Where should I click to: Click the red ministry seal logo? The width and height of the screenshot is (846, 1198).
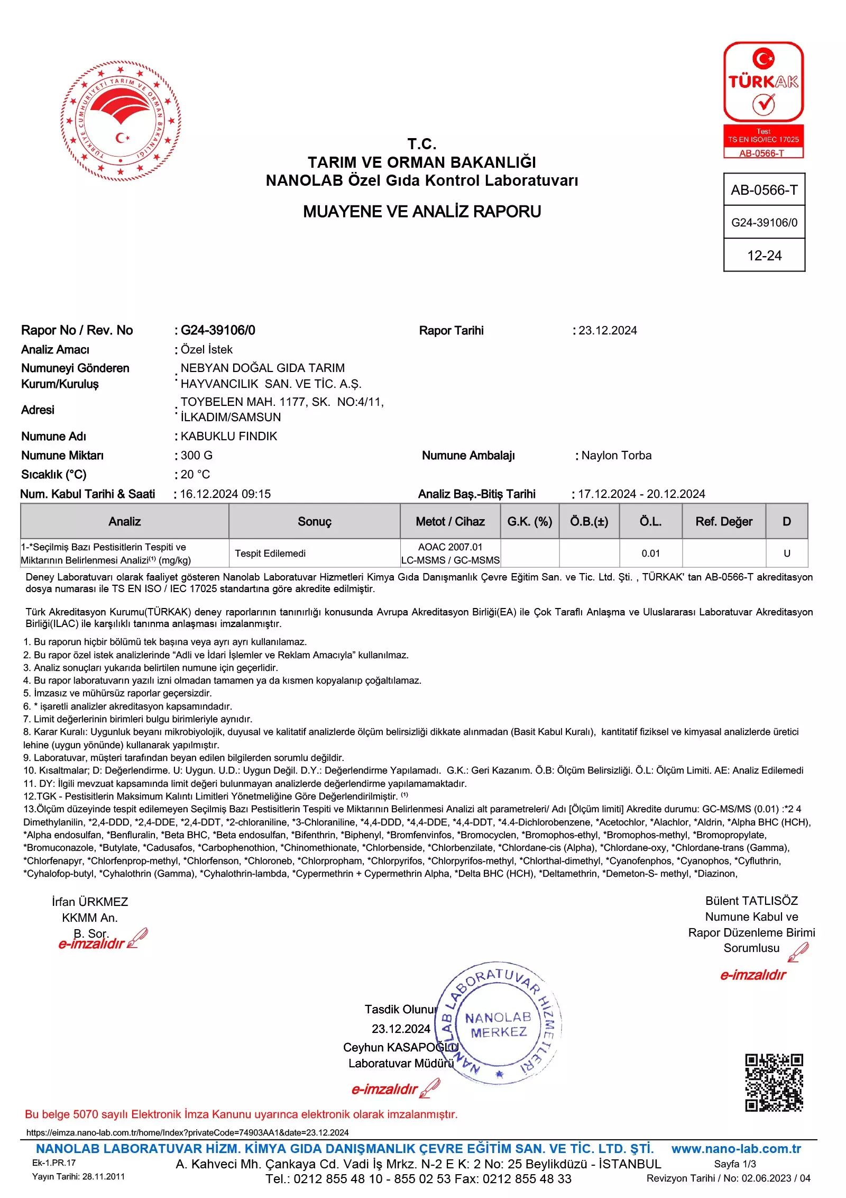(x=121, y=121)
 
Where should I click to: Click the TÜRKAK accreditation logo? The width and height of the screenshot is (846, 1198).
(x=763, y=99)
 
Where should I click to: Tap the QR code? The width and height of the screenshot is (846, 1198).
(x=774, y=1082)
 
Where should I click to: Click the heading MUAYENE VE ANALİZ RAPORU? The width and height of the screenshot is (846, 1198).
(x=421, y=212)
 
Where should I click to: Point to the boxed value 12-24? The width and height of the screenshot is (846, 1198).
(x=764, y=256)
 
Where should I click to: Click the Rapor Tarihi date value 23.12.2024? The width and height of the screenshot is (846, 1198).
(x=608, y=331)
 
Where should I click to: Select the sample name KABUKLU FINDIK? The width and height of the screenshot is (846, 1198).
(x=228, y=437)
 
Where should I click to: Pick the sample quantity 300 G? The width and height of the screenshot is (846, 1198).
(x=196, y=456)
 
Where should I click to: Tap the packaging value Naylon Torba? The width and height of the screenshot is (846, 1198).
(x=616, y=456)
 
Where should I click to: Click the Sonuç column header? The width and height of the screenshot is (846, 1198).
(x=314, y=522)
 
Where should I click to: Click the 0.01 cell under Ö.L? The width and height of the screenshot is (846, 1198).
(x=650, y=553)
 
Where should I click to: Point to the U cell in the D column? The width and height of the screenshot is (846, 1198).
(x=787, y=553)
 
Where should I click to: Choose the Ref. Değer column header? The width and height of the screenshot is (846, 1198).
(x=723, y=522)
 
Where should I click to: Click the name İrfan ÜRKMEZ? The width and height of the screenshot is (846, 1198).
(x=90, y=902)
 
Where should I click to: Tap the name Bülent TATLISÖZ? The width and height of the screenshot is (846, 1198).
(x=751, y=901)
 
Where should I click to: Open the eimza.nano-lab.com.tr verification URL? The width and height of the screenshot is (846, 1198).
(x=188, y=1132)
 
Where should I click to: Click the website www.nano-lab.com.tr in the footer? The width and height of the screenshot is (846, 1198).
(x=736, y=1149)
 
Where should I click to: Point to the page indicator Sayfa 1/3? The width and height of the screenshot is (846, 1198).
(x=734, y=1164)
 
